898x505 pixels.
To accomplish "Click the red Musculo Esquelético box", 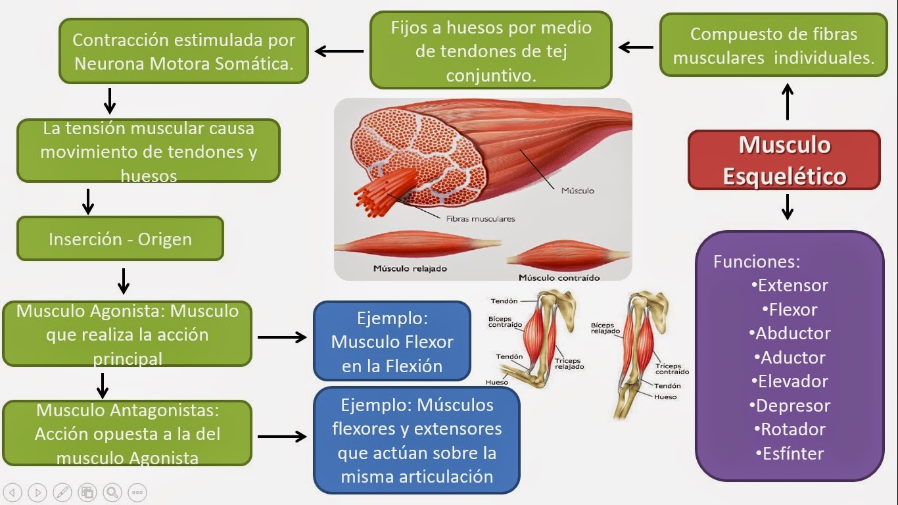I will tap(784, 160).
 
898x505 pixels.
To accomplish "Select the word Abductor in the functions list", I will tap(793, 333).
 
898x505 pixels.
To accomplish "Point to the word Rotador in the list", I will tap(793, 429).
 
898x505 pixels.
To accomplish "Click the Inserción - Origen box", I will tap(120, 239).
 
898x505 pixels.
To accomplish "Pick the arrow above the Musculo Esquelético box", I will tap(788, 101).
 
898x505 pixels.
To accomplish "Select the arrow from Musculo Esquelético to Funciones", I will tap(788, 206).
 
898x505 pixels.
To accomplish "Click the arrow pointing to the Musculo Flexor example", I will tap(282, 337).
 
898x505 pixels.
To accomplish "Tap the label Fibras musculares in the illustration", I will tap(480, 219).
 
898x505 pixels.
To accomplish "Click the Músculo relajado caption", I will tap(410, 268).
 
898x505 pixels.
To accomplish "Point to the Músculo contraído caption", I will tap(559, 277).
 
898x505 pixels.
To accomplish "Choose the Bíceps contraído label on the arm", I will tap(505, 322).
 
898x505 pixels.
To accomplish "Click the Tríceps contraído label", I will tap(672, 368).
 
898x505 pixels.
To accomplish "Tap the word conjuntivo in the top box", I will tap(490, 76).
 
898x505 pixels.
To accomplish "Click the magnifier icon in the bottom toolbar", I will tap(112, 492).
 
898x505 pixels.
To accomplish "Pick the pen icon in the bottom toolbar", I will tap(62, 492).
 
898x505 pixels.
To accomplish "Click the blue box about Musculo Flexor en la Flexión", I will tap(392, 341).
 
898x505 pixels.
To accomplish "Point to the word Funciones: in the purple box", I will tap(757, 262).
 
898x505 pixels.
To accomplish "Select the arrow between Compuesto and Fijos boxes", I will tap(636, 47).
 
